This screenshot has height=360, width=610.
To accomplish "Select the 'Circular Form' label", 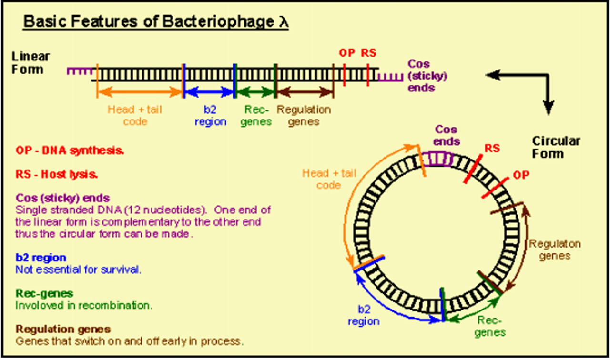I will pos(556,147).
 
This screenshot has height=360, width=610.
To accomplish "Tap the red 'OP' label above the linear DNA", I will pos(347,53).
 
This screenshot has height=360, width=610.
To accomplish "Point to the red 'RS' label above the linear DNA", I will pos(368,53).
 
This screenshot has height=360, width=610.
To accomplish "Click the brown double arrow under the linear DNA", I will pos(305,90).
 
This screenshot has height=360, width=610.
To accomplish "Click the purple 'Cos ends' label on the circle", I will pos(447,135).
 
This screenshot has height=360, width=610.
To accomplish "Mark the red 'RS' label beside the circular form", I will pos(492,149).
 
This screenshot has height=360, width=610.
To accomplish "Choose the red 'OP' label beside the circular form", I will pos(521,175).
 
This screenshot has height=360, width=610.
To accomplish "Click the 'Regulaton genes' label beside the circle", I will pos(555,250).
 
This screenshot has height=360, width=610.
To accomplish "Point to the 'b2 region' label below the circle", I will pos(363,315).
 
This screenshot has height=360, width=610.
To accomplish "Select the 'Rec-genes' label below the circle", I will pos(490,326).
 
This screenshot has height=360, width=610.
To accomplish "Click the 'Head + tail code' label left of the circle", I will pos(329,179).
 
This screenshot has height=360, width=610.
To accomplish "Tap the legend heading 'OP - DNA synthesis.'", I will pos(70,150).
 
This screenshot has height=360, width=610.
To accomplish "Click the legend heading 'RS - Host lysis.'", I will pos(57,174).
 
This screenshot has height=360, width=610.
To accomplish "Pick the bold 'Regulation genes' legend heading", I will pos(63,330).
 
